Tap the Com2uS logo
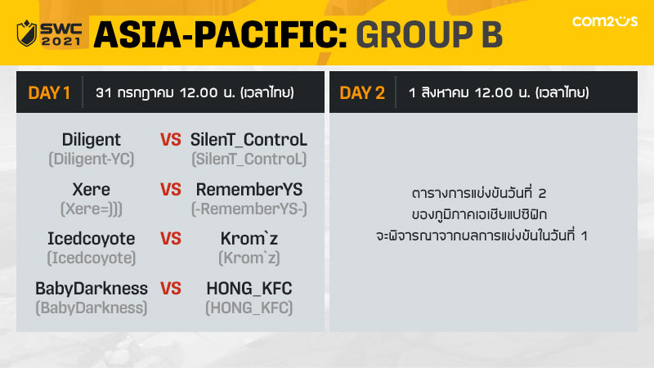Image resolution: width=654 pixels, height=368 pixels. (605, 21)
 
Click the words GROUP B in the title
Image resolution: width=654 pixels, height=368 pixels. (429, 34)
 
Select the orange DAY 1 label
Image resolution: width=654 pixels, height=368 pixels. (49, 92)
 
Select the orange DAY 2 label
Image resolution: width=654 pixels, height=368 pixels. (362, 92)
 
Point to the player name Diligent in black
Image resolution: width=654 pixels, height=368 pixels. (92, 140)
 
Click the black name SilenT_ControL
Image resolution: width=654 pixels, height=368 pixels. (249, 140)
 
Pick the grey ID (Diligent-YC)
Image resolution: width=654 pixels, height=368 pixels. (92, 159)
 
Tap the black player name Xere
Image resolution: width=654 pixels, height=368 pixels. (92, 190)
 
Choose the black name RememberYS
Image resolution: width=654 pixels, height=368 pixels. (249, 190)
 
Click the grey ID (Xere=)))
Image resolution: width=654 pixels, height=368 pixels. (92, 209)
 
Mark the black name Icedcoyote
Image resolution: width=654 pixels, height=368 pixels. (92, 239)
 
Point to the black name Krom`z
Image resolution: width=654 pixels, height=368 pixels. (249, 239)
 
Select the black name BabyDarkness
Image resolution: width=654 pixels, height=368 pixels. (92, 289)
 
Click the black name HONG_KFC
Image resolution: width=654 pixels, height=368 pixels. (249, 289)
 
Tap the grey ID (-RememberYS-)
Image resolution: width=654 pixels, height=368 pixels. (249, 209)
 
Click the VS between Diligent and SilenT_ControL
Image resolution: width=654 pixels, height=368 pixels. (171, 140)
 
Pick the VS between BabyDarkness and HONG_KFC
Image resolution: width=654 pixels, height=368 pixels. (171, 289)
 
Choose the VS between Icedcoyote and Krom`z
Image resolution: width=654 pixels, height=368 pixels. (171, 239)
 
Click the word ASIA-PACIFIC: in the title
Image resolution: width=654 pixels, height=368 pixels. (221, 34)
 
